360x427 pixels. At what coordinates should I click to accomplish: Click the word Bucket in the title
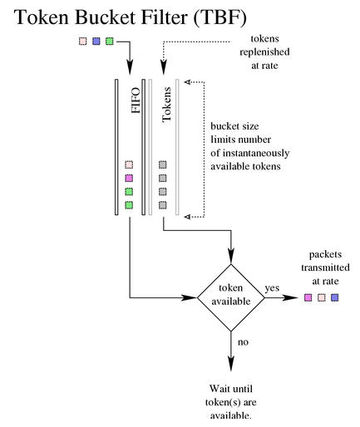pos(105,17)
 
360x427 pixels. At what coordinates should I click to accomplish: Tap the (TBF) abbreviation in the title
pos(219,17)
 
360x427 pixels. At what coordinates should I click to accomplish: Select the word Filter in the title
pos(165,17)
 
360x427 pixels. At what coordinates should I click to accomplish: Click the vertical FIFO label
pos(136,101)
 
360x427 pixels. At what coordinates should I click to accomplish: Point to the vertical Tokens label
pos(166,105)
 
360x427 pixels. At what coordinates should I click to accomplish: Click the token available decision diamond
pos(231,297)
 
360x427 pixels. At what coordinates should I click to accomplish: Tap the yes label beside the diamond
pos(272,288)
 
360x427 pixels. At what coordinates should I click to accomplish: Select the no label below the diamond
pos(243,342)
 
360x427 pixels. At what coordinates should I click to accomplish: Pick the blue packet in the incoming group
pos(96,42)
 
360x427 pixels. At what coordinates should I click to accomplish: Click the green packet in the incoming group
pos(110,42)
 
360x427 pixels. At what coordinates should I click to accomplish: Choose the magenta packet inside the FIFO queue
pos(129,178)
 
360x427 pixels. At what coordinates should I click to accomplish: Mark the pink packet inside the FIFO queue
pos(129,164)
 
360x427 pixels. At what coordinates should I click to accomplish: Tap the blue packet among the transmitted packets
pos(335,297)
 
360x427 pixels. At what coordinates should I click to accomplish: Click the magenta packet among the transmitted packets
pos(308,297)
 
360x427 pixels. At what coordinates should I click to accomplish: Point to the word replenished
pos(264,52)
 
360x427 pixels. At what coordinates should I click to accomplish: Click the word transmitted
pos(325,267)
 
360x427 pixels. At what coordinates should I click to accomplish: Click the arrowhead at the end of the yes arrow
pos(290,297)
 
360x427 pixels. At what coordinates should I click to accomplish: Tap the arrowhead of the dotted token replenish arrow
pos(164,68)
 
